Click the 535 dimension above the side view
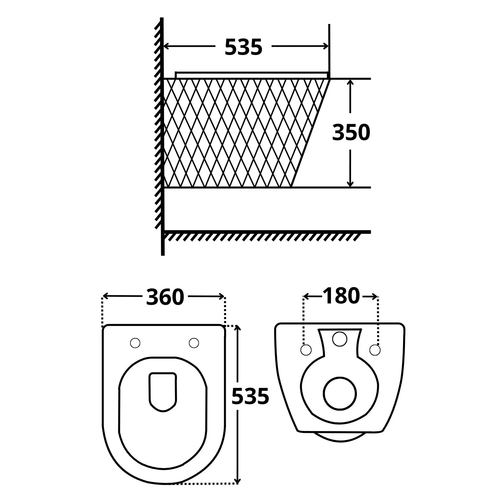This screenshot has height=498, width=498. [243, 47]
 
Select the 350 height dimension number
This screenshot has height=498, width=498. [351, 132]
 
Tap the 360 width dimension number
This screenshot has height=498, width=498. [165, 297]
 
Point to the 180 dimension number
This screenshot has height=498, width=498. [341, 296]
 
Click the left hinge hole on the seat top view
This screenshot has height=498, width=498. [135, 343]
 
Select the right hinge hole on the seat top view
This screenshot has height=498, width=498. [194, 343]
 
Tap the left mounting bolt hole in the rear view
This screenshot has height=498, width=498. [306, 350]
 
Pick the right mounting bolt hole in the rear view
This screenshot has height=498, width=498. [375, 350]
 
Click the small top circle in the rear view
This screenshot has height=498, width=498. [340, 339]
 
